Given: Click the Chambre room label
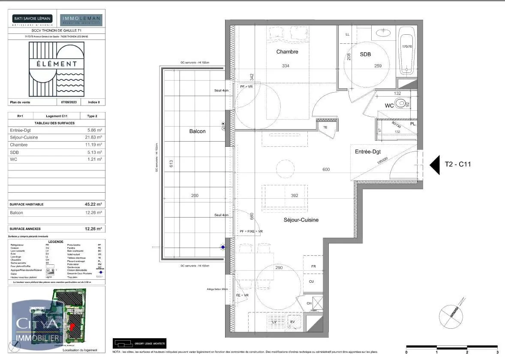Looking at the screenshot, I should click(287, 52).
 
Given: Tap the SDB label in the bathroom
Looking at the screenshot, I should click(365, 54).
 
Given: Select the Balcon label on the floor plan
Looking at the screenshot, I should click(197, 131).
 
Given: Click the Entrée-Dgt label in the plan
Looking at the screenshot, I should click(367, 152).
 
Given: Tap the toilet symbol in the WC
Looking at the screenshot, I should click(401, 103).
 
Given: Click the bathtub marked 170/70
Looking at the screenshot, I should click(406, 51).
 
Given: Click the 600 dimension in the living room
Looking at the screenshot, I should click(326, 169).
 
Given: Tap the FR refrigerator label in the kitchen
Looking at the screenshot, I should click(313, 266).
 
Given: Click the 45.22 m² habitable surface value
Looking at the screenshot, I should click(93, 205).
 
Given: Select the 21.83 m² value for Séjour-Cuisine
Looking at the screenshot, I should click(93, 137).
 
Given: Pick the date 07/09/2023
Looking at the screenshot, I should click(68, 103).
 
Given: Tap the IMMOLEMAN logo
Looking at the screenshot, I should click(81, 19).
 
